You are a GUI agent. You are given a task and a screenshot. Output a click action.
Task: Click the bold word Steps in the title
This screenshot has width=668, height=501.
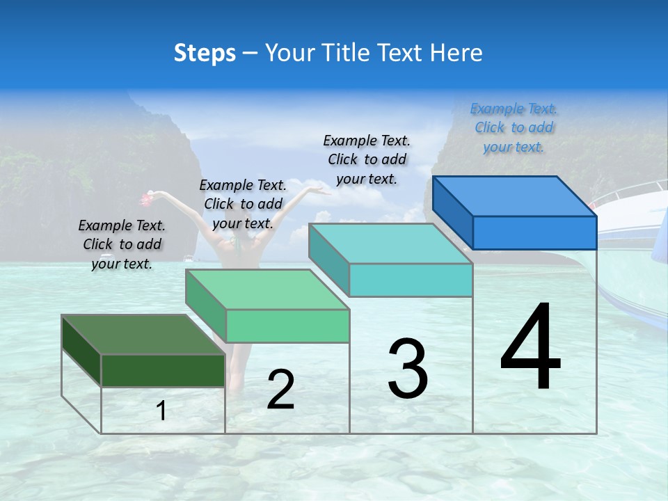205,53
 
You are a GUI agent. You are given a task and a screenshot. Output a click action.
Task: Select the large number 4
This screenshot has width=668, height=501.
530,348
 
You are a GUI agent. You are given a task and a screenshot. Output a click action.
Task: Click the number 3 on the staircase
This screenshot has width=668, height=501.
408,369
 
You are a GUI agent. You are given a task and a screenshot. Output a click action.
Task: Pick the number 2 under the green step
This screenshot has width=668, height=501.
280,390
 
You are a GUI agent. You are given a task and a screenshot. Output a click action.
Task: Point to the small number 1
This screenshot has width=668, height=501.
161,411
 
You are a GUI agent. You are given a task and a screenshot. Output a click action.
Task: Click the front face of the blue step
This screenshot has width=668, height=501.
534,232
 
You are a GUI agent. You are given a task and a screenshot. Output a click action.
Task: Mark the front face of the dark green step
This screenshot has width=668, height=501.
163,370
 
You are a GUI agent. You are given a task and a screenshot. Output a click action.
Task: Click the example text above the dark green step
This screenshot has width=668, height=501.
122,244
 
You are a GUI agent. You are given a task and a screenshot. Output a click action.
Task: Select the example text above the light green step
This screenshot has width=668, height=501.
243,204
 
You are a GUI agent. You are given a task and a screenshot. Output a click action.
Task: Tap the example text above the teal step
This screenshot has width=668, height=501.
367,159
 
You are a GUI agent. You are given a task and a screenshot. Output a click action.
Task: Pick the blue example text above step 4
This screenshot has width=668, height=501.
514,127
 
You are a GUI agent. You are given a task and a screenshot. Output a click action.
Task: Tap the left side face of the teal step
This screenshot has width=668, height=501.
328,261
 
